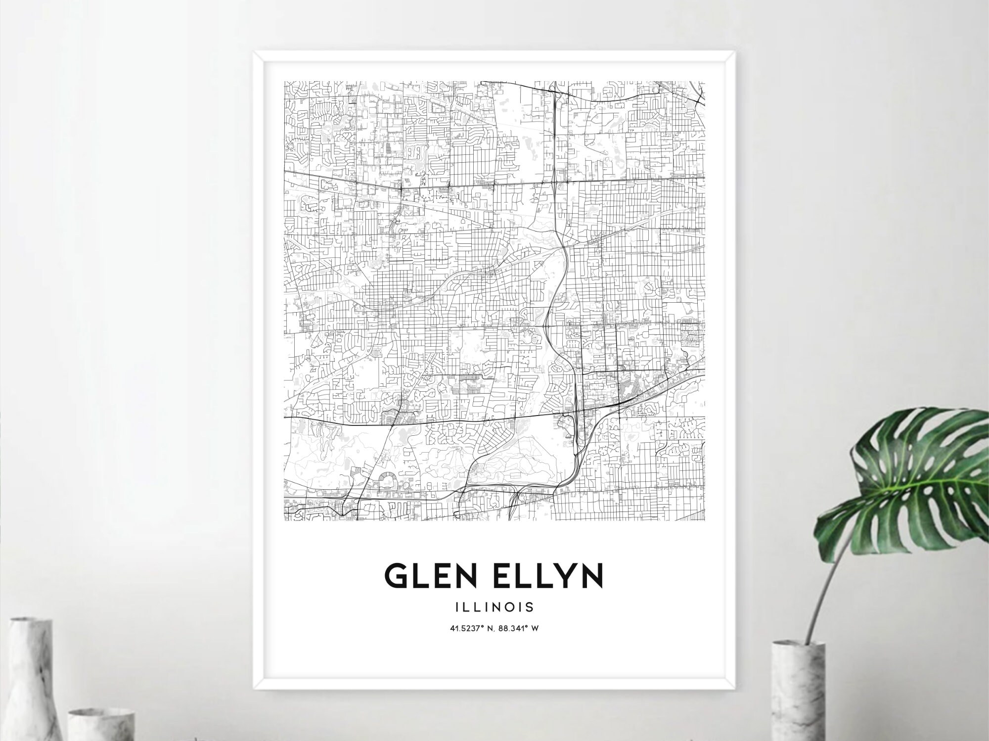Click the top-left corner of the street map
[x=285, y=81]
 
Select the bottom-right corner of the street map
[x=705, y=520]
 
